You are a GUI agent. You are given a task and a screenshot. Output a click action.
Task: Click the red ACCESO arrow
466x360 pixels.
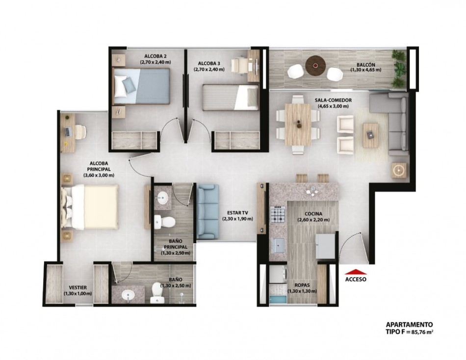[x=356, y=272]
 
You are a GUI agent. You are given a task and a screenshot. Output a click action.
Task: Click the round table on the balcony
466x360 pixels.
[x=315, y=66]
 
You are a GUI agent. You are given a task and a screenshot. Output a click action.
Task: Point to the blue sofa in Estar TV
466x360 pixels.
[x=208, y=212]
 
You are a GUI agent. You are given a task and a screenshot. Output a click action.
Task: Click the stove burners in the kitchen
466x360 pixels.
[x=278, y=215]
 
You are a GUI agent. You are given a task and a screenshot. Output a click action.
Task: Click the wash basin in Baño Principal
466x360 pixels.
[x=162, y=197]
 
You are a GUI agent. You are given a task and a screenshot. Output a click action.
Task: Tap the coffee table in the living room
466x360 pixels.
[x=370, y=135]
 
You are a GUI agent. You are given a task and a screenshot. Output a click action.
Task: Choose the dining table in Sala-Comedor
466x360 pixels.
[x=298, y=124]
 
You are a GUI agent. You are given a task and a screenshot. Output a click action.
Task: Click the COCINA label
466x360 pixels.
[x=313, y=214]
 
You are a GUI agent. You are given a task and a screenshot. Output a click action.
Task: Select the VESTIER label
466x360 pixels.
[x=78, y=287]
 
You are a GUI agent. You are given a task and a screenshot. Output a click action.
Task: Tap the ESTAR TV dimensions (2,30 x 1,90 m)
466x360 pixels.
[x=237, y=219]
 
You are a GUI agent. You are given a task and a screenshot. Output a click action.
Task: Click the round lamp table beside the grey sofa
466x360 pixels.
[x=399, y=170]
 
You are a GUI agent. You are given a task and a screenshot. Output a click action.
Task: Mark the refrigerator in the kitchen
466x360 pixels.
[x=325, y=246]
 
